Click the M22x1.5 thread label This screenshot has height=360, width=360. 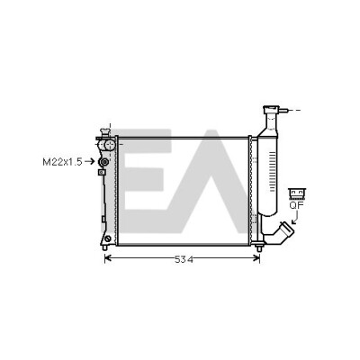(x=62, y=162)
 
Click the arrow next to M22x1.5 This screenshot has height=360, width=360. (x=89, y=162)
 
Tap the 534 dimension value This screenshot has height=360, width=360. (x=184, y=259)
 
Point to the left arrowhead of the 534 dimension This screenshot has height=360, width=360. (x=107, y=257)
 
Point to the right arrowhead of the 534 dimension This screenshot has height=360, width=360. (x=256, y=257)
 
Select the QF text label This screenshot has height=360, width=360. (x=297, y=205)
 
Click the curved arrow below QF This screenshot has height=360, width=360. (x=295, y=217)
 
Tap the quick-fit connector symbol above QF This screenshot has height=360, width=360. (x=297, y=193)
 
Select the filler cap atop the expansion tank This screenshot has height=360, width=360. (x=271, y=110)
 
